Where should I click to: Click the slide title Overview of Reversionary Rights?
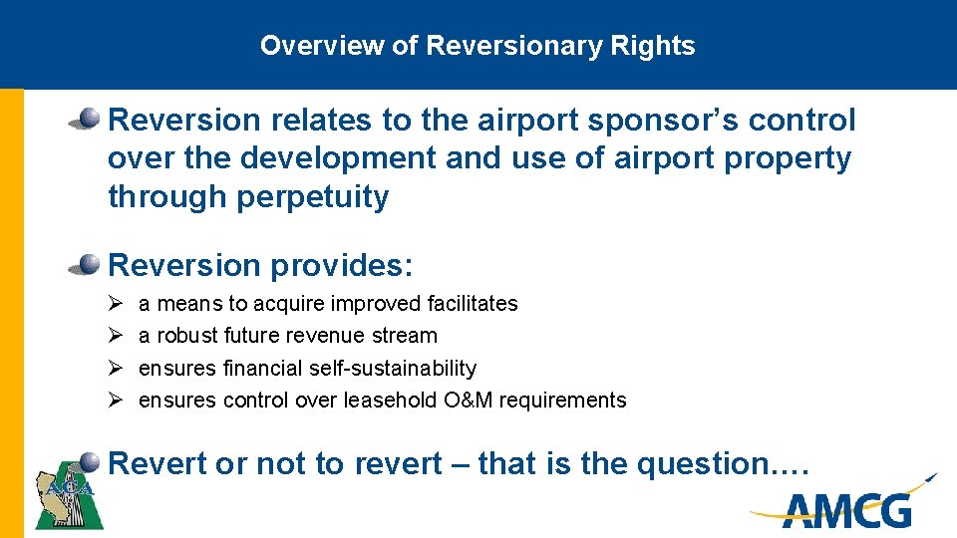click(478, 46)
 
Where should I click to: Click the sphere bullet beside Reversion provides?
click(87, 264)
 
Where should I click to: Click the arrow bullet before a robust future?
click(115, 336)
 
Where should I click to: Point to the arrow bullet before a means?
click(115, 303)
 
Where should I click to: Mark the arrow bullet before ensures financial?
click(115, 368)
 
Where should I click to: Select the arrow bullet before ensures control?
click(115, 401)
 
